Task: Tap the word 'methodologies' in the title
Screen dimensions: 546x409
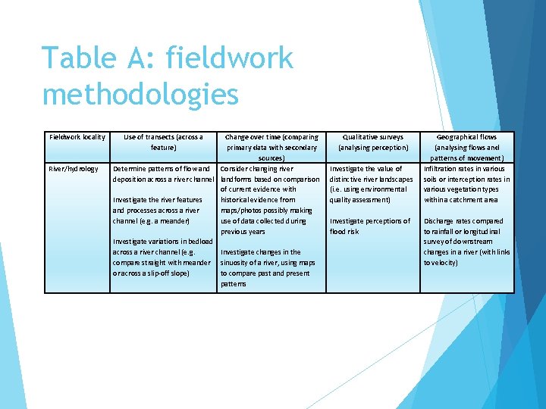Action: click(140, 95)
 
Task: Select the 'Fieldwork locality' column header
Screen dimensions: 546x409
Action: click(77, 137)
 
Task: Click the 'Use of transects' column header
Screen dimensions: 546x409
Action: click(163, 142)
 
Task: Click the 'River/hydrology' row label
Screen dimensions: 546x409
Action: click(74, 168)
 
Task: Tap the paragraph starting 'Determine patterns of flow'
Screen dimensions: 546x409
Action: click(163, 173)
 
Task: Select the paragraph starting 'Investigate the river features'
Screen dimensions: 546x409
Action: click(156, 211)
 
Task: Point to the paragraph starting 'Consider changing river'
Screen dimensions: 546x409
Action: click(270, 200)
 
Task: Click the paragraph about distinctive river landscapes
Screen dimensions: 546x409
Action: click(372, 184)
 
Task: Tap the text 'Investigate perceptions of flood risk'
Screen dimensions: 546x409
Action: click(369, 226)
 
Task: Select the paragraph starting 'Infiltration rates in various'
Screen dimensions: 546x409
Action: click(466, 184)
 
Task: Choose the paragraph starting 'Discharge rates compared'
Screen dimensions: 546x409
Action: click(466, 242)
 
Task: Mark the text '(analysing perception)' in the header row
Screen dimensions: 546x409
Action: click(373, 148)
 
